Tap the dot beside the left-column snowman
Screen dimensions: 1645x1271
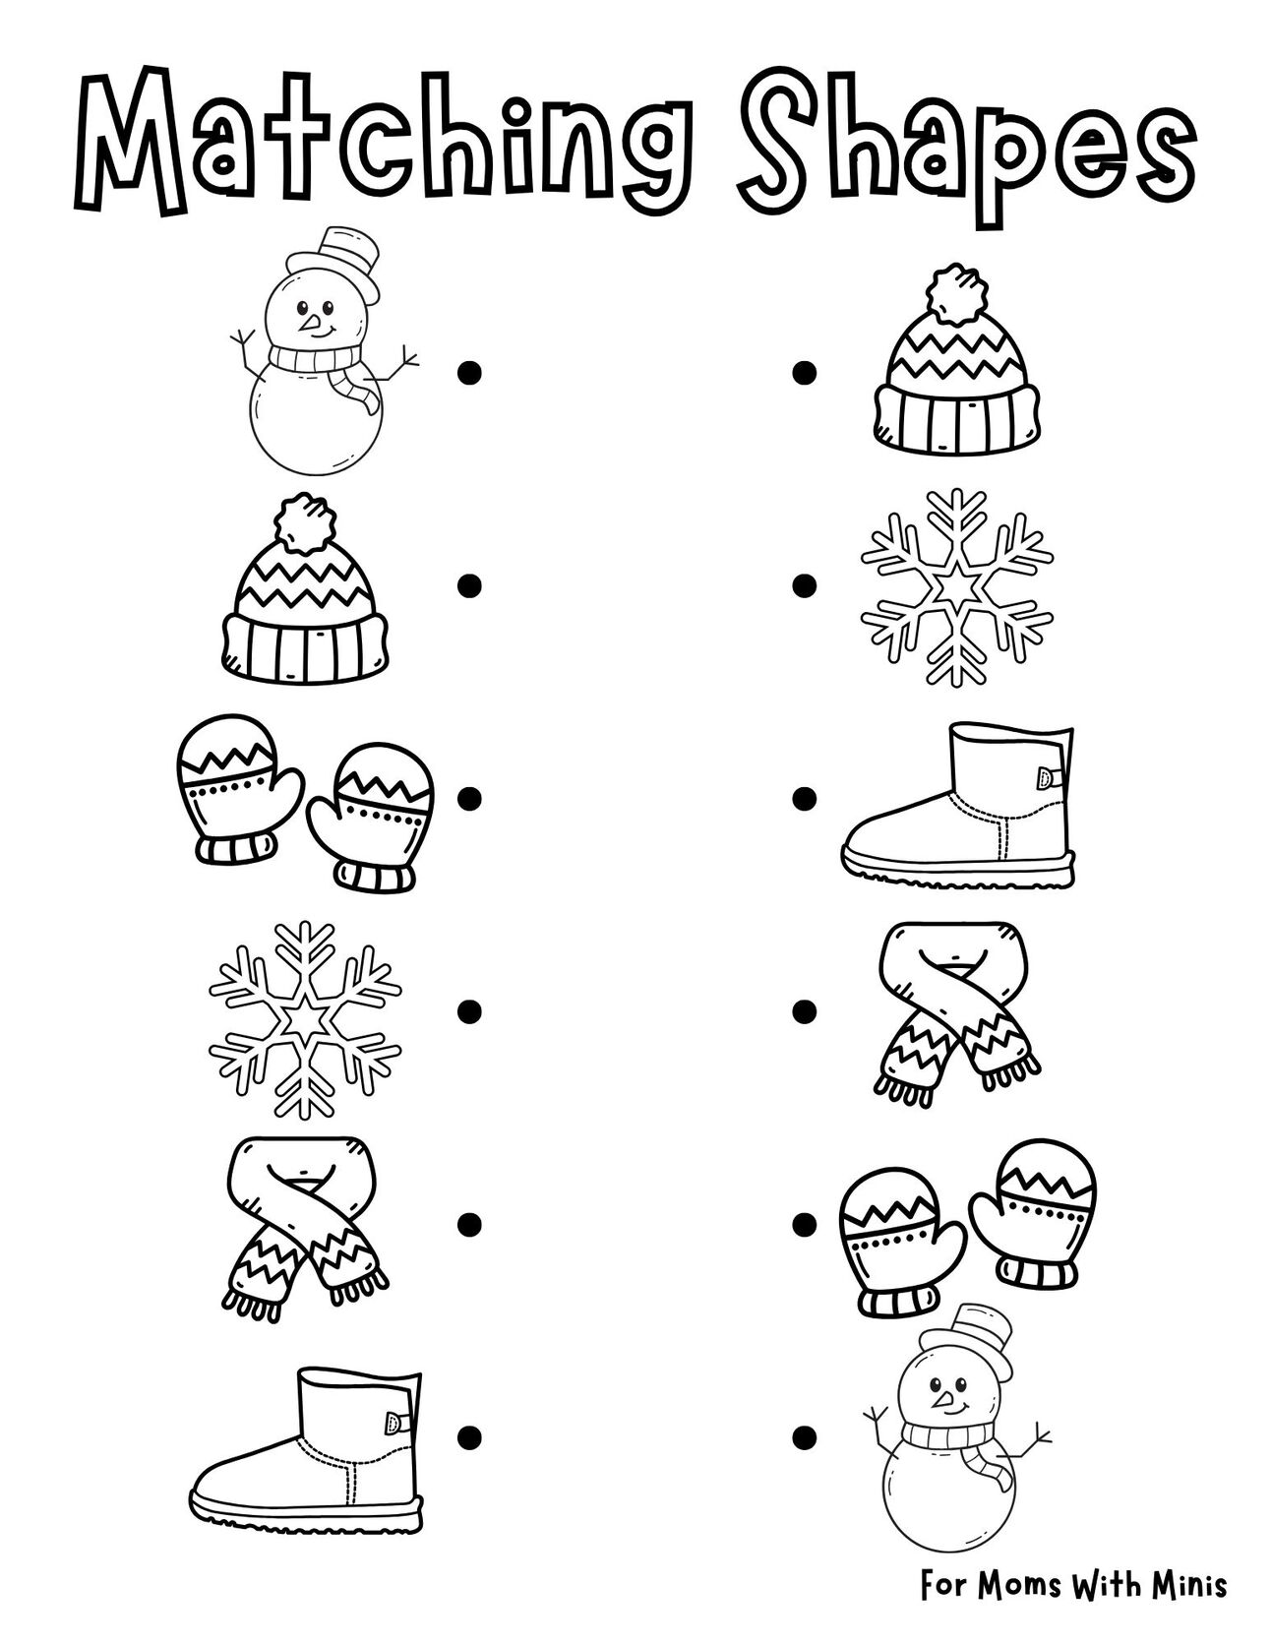point(470,372)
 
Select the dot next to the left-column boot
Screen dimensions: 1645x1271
point(470,1437)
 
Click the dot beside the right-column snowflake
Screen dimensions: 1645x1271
point(805,585)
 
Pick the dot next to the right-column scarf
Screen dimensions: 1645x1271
point(805,1010)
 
